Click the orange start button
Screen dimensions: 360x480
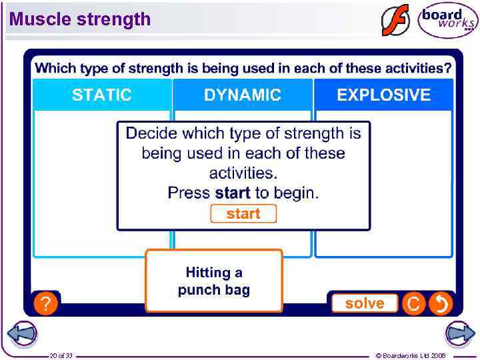pyautogui.click(x=243, y=214)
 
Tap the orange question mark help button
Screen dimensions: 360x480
pyautogui.click(x=45, y=304)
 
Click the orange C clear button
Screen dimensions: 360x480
pyautogui.click(x=413, y=304)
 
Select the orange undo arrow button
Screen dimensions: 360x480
pyautogui.click(x=441, y=304)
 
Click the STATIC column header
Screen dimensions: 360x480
pyautogui.click(x=102, y=95)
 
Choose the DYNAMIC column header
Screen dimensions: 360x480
pyautogui.click(x=243, y=95)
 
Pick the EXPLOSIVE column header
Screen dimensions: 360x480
pyautogui.click(x=383, y=95)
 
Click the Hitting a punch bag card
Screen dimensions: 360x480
pyautogui.click(x=214, y=281)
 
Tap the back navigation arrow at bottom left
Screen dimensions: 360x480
pyautogui.click(x=22, y=333)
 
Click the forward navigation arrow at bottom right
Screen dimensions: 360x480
pyautogui.click(x=459, y=333)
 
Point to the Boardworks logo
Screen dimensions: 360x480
pyautogui.click(x=447, y=20)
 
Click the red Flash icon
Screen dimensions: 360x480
pyautogui.click(x=395, y=20)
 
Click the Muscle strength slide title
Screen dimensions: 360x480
pyautogui.click(x=80, y=19)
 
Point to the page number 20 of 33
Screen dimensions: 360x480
pyautogui.click(x=61, y=355)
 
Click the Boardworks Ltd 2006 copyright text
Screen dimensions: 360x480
pyautogui.click(x=411, y=355)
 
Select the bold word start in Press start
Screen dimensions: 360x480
pyautogui.click(x=233, y=193)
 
